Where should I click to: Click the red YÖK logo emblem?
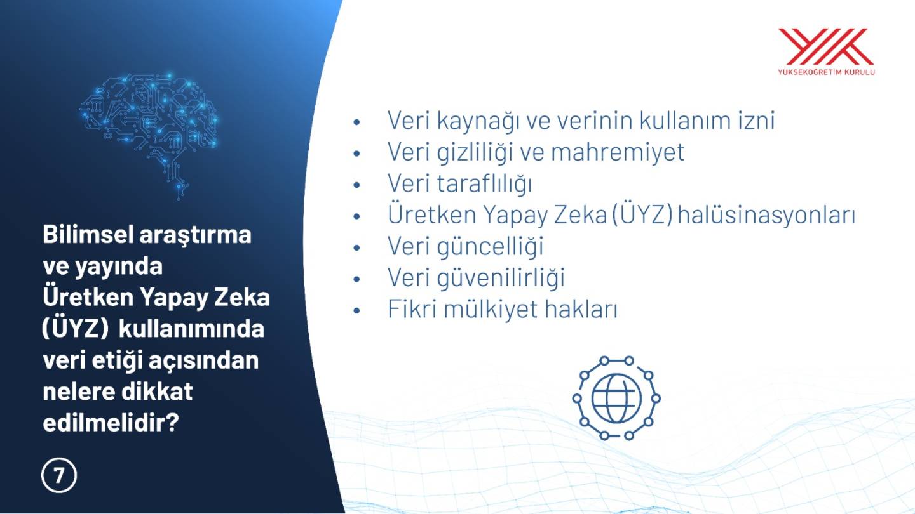[826, 46]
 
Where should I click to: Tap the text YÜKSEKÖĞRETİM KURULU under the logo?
[826, 72]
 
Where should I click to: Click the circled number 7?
[59, 475]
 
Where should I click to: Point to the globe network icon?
[616, 398]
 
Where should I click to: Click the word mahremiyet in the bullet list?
[617, 152]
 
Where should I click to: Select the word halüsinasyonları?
[766, 215]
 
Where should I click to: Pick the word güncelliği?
[490, 246]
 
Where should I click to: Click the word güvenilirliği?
[501, 278]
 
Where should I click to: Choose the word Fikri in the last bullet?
[412, 309]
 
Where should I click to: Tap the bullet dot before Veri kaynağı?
[356, 122]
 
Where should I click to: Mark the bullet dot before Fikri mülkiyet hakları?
[356, 310]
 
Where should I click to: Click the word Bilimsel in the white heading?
[88, 235]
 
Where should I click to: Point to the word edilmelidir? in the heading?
[111, 423]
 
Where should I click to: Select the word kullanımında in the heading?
[192, 329]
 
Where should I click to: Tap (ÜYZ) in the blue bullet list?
[642, 215]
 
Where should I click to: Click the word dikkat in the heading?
[157, 392]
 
